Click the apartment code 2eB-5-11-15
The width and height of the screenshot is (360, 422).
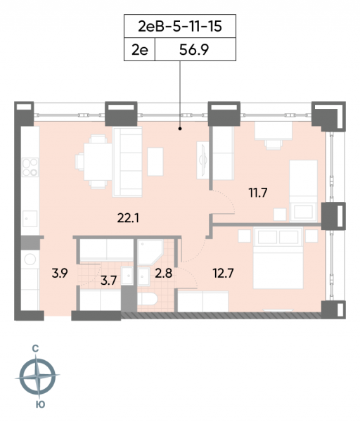click(x=180, y=27)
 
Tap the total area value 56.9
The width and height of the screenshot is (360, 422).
click(x=194, y=50)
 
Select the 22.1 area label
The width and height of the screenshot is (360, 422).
click(x=128, y=218)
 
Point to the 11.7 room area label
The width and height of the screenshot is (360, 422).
click(x=258, y=193)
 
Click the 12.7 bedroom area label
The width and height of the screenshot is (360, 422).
click(x=224, y=274)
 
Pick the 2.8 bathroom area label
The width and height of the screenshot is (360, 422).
click(x=164, y=274)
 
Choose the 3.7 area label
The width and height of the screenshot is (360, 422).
click(x=109, y=281)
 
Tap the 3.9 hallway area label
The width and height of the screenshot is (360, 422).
click(x=60, y=274)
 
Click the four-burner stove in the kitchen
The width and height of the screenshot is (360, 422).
click(x=30, y=167)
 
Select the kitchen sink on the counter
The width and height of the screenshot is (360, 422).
click(x=30, y=219)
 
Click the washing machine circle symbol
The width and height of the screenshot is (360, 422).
click(x=30, y=259)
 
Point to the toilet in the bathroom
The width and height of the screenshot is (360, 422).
click(x=147, y=299)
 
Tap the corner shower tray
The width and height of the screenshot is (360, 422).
click(x=150, y=252)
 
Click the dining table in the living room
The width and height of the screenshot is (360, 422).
click(x=98, y=162)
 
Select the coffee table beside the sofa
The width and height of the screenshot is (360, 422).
click(x=155, y=162)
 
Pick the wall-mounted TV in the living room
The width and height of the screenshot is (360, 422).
click(x=202, y=160)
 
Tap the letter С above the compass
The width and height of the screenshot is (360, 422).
click(x=35, y=349)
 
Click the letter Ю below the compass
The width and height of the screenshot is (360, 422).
click(x=40, y=405)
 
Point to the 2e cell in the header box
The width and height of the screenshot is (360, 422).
click(x=140, y=50)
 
